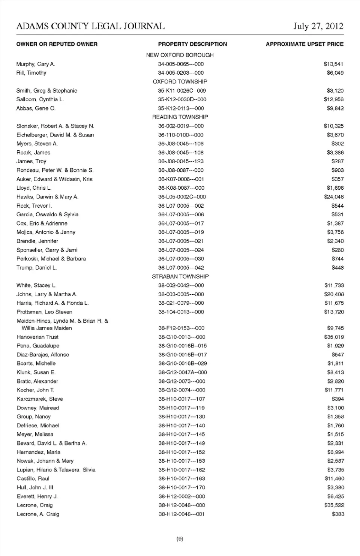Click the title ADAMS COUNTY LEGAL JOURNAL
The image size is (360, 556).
pyautogui.click(x=90, y=26)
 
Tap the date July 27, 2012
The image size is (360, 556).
pyautogui.click(x=318, y=26)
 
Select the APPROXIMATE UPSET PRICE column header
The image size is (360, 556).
pyautogui.click(x=304, y=44)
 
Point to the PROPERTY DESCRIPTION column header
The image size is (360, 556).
pyautogui.click(x=192, y=44)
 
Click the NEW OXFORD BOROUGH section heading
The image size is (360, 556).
pyautogui.click(x=180, y=55)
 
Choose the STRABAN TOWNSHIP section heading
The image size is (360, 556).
pyautogui.click(x=180, y=277)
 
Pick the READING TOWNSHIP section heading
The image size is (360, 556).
pyautogui.click(x=180, y=117)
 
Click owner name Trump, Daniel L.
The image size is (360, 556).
pyautogui.click(x=36, y=268)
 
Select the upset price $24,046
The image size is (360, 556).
pyautogui.click(x=334, y=197)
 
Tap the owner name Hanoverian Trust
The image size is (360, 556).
pyautogui.click(x=37, y=337)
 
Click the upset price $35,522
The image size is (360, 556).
pyautogui.click(x=334, y=505)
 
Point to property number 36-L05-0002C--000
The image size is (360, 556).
pyautogui.click(x=182, y=197)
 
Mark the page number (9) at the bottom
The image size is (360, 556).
pyautogui.click(x=180, y=539)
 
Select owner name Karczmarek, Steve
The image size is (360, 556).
pyautogui.click(x=40, y=399)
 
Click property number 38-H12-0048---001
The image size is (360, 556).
pyautogui.click(x=181, y=514)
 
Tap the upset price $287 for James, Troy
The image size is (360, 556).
pyautogui.click(x=337, y=161)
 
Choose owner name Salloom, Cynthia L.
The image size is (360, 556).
pyautogui.click(x=40, y=99)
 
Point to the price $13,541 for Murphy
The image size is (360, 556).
pyautogui.click(x=333, y=64)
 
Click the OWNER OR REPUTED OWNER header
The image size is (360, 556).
pyautogui.click(x=57, y=44)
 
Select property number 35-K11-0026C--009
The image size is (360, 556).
pyautogui.click(x=182, y=91)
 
